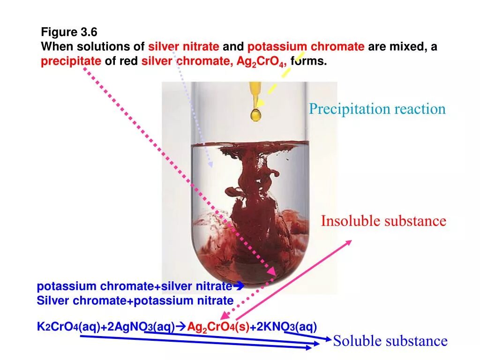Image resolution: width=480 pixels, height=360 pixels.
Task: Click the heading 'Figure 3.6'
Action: pyautogui.click(x=69, y=32)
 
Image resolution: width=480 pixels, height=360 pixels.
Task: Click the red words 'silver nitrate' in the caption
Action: pyautogui.click(x=184, y=47)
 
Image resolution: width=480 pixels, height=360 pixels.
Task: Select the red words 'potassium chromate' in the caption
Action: pyautogui.click(x=306, y=47)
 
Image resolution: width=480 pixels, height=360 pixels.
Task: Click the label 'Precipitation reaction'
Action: pyautogui.click(x=377, y=109)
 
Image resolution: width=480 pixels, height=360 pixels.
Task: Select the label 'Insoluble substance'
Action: pyautogui.click(x=383, y=221)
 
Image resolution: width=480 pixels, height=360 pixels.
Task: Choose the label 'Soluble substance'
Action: pyautogui.click(x=390, y=341)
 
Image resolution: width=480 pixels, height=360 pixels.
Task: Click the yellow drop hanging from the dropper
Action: pyautogui.click(x=256, y=114)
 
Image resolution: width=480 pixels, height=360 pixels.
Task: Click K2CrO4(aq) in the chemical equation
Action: pyautogui.click(x=58, y=327)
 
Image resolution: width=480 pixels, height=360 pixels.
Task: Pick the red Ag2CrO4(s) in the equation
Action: pyautogui.click(x=218, y=327)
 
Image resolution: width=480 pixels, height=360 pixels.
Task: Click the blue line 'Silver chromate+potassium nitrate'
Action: pyautogui.click(x=135, y=300)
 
